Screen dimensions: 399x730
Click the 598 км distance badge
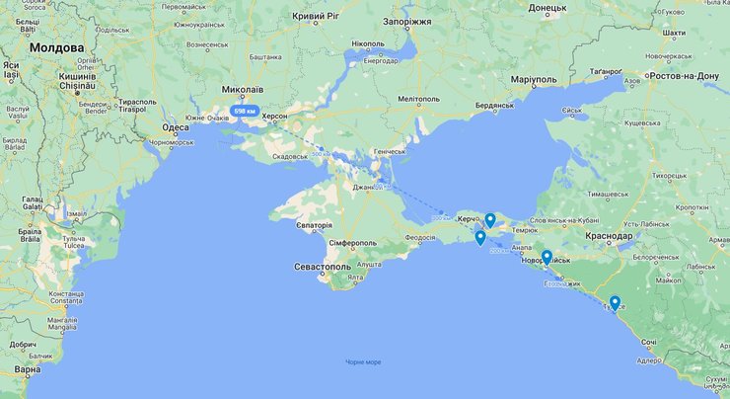[x=244, y=112]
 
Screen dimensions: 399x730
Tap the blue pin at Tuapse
[x=615, y=303]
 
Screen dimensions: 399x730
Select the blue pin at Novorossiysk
[x=546, y=258]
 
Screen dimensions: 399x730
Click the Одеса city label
[x=176, y=127]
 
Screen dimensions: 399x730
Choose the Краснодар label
[x=607, y=237]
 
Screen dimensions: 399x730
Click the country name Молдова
[x=57, y=47]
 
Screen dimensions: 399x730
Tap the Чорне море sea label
[x=363, y=362]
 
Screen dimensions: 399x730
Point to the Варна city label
[x=28, y=369]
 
